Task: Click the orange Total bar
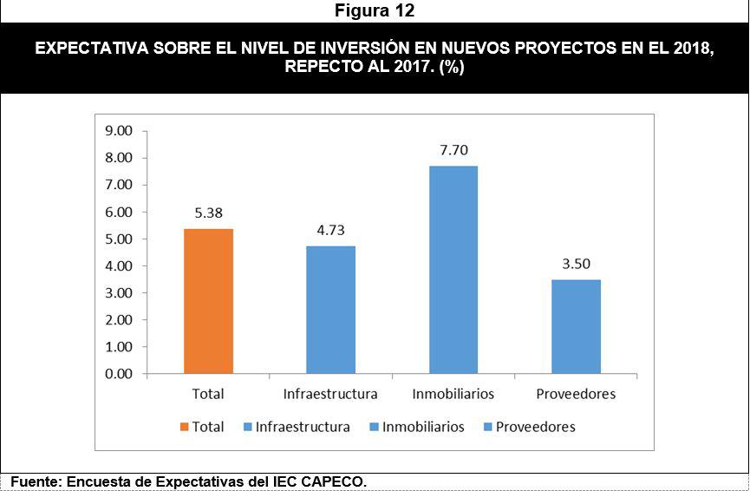coord(208,301)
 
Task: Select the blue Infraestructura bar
coord(330,310)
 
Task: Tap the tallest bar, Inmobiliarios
coord(453,270)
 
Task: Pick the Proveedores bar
coord(576,326)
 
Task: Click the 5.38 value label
coord(208,213)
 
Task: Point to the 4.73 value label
coord(330,230)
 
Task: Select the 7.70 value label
coord(453,150)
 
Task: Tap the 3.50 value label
coord(576,264)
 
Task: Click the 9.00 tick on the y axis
coord(118,131)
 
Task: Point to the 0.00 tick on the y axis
coord(118,374)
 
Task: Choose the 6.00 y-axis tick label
coord(118,212)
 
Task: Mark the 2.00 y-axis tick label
coord(118,320)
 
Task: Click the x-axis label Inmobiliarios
coord(453,394)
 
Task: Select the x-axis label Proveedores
coord(576,394)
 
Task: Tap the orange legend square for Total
coord(184,427)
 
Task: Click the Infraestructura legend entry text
coord(303,427)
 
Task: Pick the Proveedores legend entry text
coord(536,427)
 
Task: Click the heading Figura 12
coord(375,11)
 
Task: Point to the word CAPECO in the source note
coord(337,481)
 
